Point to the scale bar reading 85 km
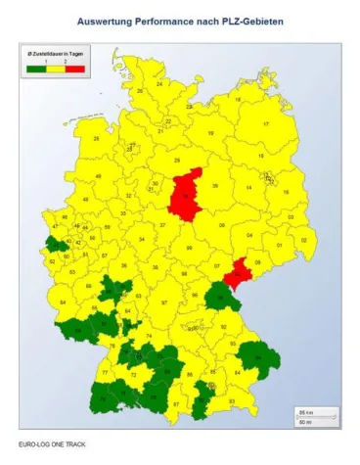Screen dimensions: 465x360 311,412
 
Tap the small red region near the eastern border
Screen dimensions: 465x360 238,275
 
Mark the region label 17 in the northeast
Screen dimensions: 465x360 265,124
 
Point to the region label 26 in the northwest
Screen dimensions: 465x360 97,137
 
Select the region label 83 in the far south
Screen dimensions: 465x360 231,402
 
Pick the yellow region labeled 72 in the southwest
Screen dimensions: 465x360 133,375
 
